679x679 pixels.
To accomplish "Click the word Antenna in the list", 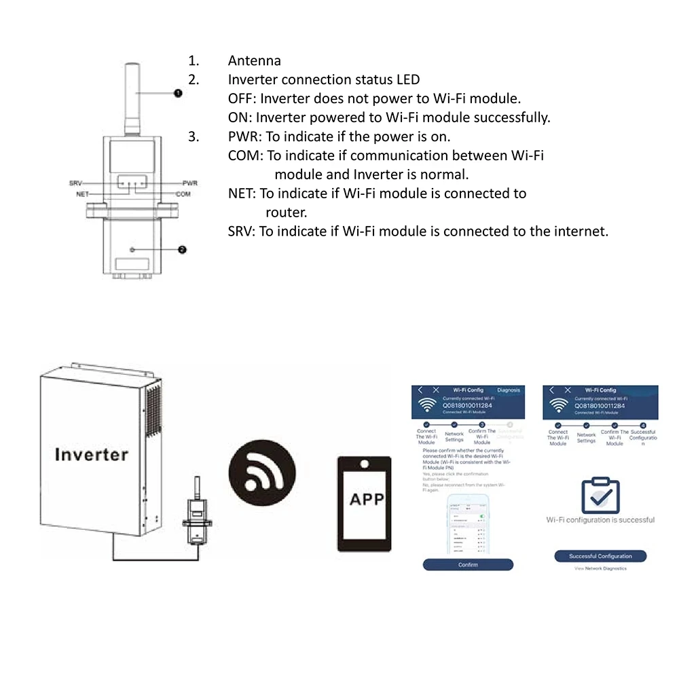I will click(254, 61).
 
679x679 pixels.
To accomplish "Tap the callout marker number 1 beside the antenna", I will click(178, 92).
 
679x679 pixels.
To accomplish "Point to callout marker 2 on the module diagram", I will click(182, 249).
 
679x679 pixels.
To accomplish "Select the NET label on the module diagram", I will click(82, 194).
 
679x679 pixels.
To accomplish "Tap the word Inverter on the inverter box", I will click(91, 454).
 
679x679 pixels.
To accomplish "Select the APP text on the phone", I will click(366, 500).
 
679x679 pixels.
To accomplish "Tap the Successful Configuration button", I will click(600, 556).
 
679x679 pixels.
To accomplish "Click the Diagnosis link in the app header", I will click(508, 390).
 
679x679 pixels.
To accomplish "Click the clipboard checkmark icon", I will click(600, 496).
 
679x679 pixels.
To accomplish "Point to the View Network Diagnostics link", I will click(600, 568).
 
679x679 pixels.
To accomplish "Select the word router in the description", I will click(287, 212).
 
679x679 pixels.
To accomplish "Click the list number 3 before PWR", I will click(194, 136).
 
